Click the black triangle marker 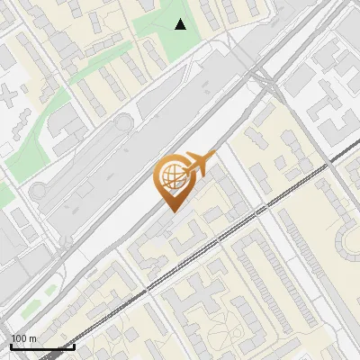coord(181,24)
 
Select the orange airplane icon coord(200,164)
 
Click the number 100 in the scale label coord(18,338)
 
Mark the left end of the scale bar coord(11,346)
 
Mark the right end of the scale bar coord(74,346)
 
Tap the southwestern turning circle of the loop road coord(40,189)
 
